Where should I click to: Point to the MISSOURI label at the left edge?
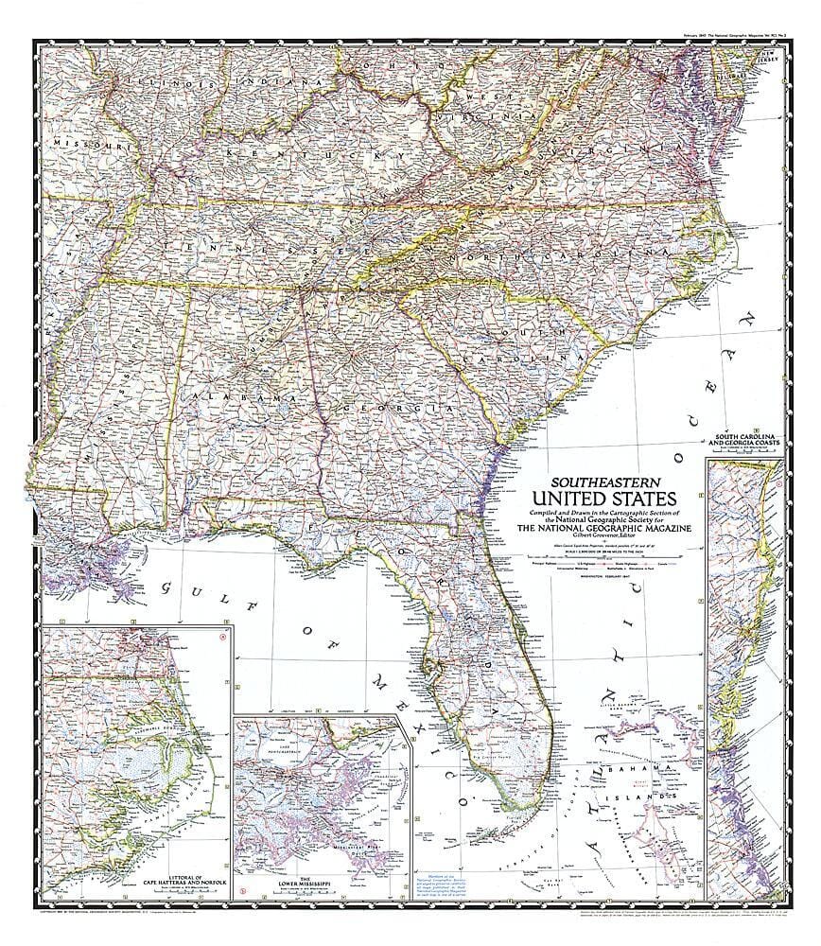tap(85, 144)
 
